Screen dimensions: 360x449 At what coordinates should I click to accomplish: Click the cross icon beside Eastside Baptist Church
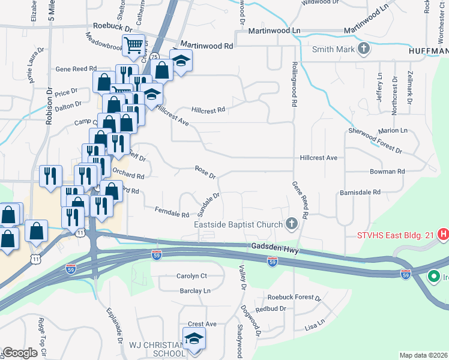(292, 224)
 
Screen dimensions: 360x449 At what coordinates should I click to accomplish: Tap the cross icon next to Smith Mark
(363, 49)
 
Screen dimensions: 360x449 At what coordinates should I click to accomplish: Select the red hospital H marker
(444, 234)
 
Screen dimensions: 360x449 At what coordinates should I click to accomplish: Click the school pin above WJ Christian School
(194, 338)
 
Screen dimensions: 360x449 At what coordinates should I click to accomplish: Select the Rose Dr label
(205, 172)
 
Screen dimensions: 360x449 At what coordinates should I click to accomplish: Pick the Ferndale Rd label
(172, 212)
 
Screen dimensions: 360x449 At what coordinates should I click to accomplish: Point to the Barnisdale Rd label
(360, 192)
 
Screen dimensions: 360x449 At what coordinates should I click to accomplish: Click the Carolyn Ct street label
(191, 276)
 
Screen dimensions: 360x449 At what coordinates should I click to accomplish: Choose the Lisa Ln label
(315, 325)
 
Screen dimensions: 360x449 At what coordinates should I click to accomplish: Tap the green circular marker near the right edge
(433, 277)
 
